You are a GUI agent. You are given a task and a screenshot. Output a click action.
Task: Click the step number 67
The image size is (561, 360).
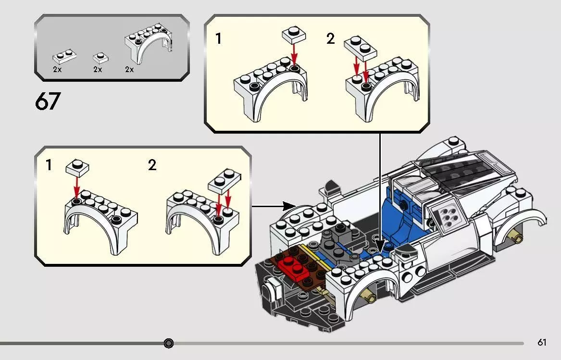coord(48,102)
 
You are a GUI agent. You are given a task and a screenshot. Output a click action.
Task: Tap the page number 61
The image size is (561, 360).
coord(542,343)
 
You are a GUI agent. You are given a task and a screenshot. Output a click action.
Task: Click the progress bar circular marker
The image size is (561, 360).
coord(168,343)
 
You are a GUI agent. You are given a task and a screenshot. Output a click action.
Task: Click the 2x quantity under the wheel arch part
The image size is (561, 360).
coord(129,70)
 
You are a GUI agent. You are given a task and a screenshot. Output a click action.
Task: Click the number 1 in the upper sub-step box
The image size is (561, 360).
coord(218,39)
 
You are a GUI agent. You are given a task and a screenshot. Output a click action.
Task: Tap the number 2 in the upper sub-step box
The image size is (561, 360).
coord(330,39)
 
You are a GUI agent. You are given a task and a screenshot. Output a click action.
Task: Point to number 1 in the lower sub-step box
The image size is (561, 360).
coord(49,166)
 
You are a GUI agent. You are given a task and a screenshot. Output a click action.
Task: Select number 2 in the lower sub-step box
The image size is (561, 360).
coord(152,166)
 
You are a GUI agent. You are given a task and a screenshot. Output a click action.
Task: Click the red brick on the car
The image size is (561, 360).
coord(297,268)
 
